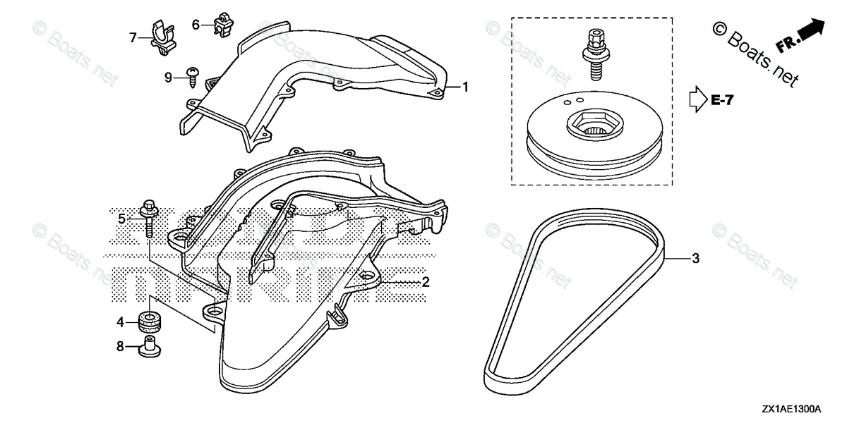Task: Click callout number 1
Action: coord(466,87)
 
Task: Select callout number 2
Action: coord(425,283)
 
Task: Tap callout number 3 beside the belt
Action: coord(695,259)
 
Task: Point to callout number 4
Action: coord(121,322)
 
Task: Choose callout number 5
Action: coord(121,219)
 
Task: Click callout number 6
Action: coord(196,25)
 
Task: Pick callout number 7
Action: coord(132,38)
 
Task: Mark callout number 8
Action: coord(119,346)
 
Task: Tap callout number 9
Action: coord(168,78)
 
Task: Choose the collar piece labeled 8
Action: coord(149,346)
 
